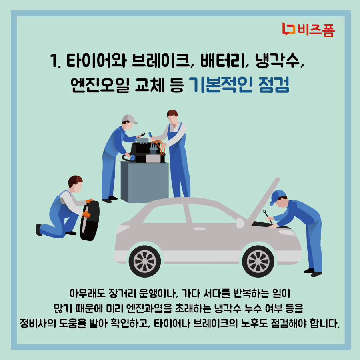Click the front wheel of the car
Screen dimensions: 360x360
click(x=257, y=260)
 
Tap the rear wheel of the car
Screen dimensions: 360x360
click(x=144, y=260)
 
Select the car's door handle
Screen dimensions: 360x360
click(x=199, y=228)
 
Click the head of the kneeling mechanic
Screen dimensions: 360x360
click(x=75, y=183)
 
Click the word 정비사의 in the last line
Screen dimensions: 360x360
click(x=37, y=322)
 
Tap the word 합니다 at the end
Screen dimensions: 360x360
click(x=326, y=322)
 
